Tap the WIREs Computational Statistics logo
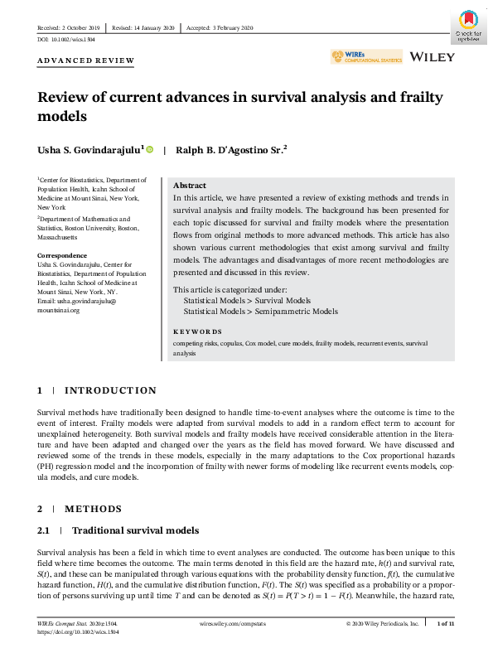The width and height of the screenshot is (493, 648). point(365,57)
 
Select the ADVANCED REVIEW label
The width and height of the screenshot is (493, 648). point(86,61)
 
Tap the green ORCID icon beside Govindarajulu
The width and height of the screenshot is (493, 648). point(150,149)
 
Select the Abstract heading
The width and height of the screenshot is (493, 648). point(190,186)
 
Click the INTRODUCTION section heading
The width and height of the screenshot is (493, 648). point(109,390)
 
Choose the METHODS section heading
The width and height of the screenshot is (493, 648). point(92,509)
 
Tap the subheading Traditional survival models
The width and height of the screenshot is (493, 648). point(135,530)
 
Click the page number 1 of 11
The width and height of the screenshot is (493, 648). point(446,621)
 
